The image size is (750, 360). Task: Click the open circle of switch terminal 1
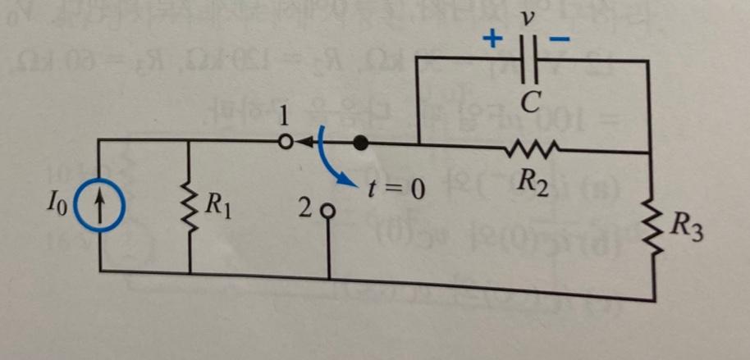click(x=284, y=141)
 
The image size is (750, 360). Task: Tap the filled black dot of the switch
click(x=359, y=143)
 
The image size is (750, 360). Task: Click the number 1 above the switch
click(x=284, y=112)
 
